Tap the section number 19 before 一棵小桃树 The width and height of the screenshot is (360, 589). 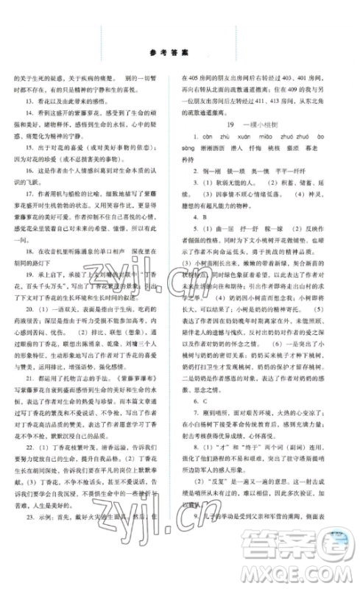click(x=230, y=125)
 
